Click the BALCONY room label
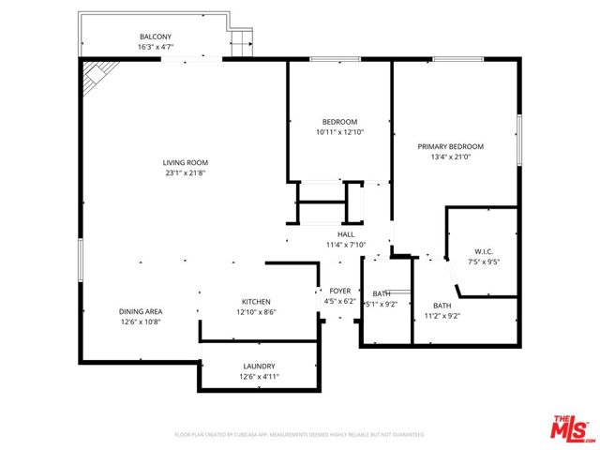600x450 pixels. [x=156, y=37]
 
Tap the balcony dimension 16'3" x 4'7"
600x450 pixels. [x=156, y=47]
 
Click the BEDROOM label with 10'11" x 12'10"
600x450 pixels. [x=339, y=122]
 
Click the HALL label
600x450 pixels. [x=345, y=234]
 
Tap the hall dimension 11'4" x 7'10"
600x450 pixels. [x=345, y=245]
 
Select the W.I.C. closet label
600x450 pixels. [x=484, y=251]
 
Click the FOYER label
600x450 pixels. [x=339, y=291]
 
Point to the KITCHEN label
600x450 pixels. [x=256, y=302]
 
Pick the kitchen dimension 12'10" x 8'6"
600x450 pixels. [x=256, y=312]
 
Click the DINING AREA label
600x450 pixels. [x=141, y=311]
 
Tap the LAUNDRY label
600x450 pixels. [x=259, y=366]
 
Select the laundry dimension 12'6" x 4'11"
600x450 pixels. [x=259, y=376]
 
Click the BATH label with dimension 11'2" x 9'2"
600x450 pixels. [x=442, y=306]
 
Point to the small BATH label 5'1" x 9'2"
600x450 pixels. [x=381, y=293]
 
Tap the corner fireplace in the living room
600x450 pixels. [x=94, y=78]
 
